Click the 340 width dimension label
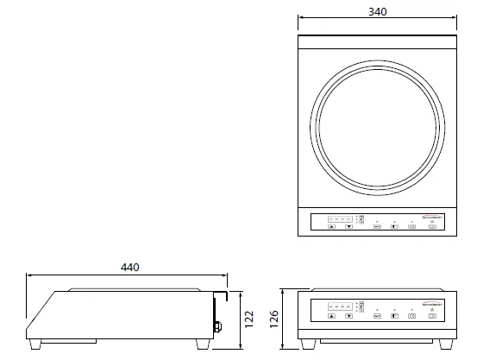(x=377, y=11)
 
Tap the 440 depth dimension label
(x=129, y=268)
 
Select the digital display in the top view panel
(x=341, y=218)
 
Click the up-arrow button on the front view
(x=332, y=316)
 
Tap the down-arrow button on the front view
(x=348, y=316)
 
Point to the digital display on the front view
(x=341, y=306)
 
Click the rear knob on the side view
(x=218, y=326)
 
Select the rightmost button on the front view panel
(x=431, y=316)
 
